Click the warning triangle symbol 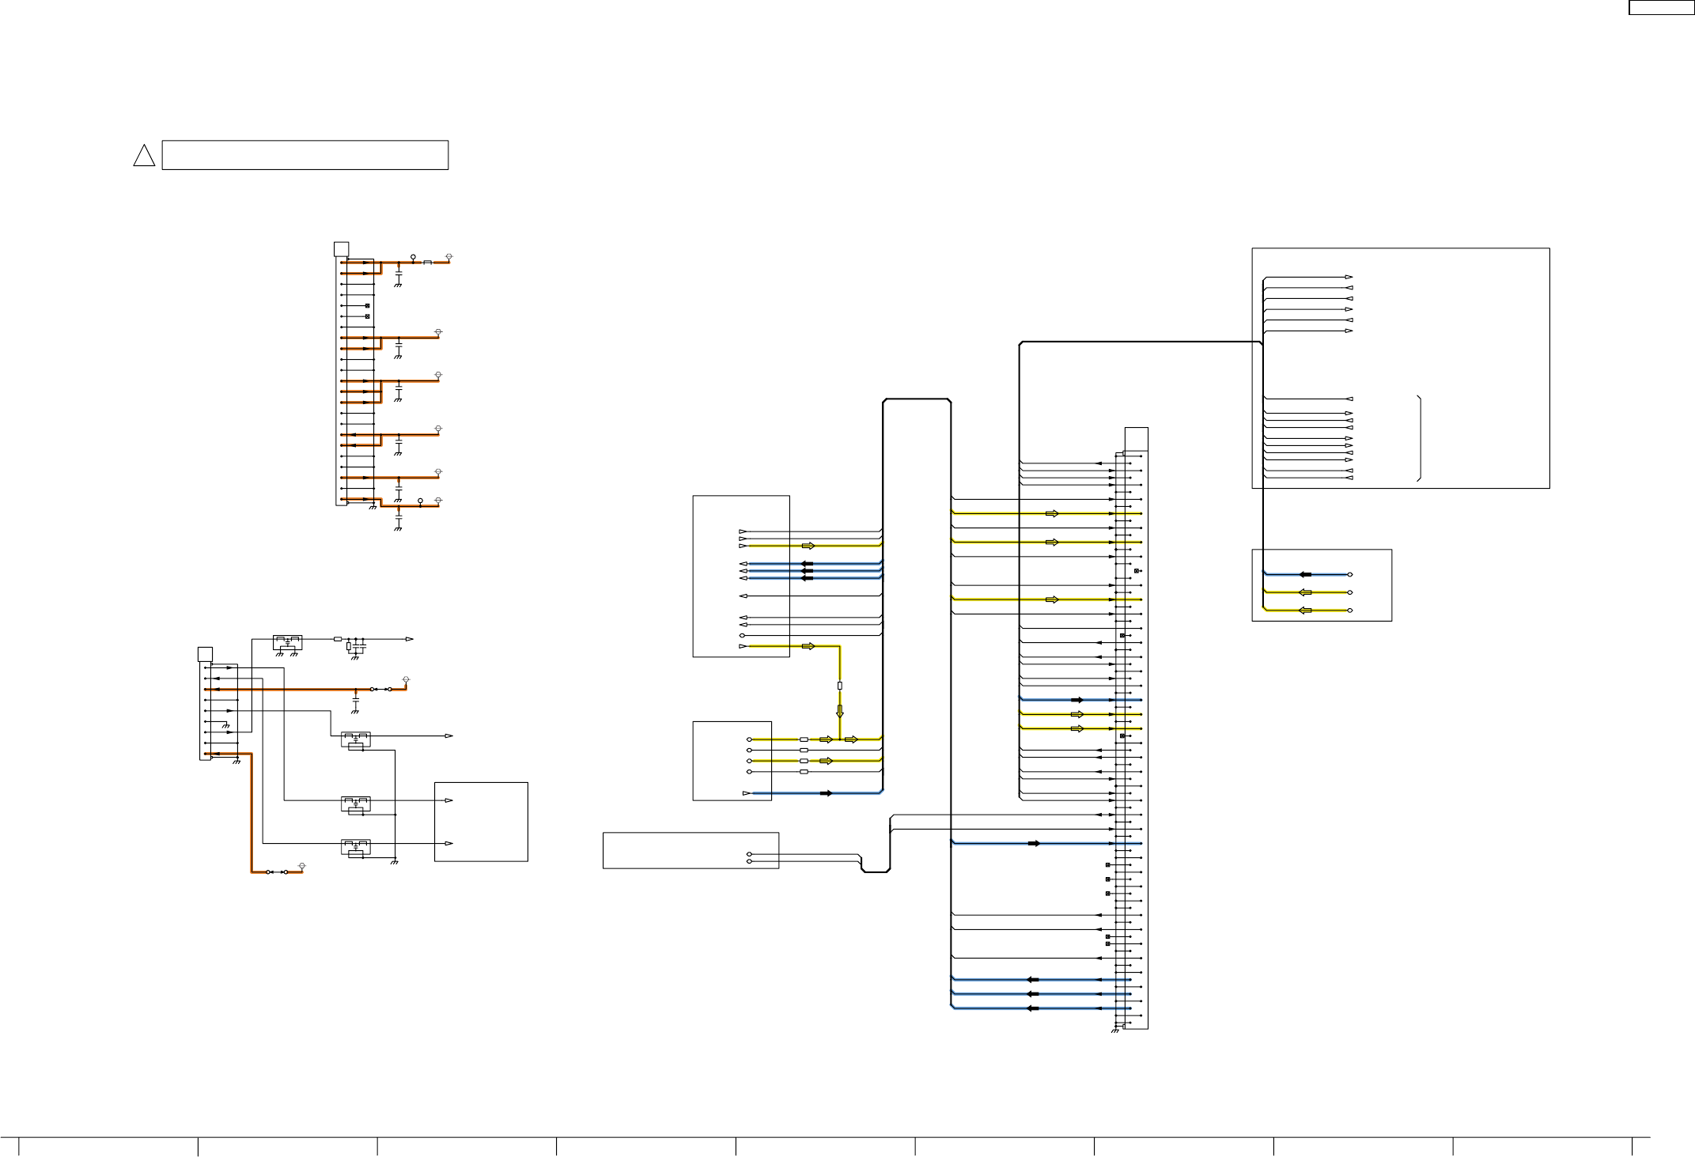point(144,156)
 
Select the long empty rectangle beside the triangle point(305,155)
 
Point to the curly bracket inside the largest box point(1421,438)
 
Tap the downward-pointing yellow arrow point(840,710)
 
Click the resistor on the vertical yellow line point(840,686)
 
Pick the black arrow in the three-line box point(1305,574)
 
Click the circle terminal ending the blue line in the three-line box point(1350,574)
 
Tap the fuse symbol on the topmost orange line point(428,262)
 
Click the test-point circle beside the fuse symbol point(413,258)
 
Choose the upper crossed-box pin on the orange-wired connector point(368,305)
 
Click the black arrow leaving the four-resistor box point(827,792)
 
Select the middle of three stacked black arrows point(808,571)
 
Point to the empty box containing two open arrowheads point(481,822)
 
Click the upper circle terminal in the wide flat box point(749,854)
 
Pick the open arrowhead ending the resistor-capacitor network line point(409,638)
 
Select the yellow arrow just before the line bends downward point(808,646)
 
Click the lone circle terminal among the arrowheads point(742,635)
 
